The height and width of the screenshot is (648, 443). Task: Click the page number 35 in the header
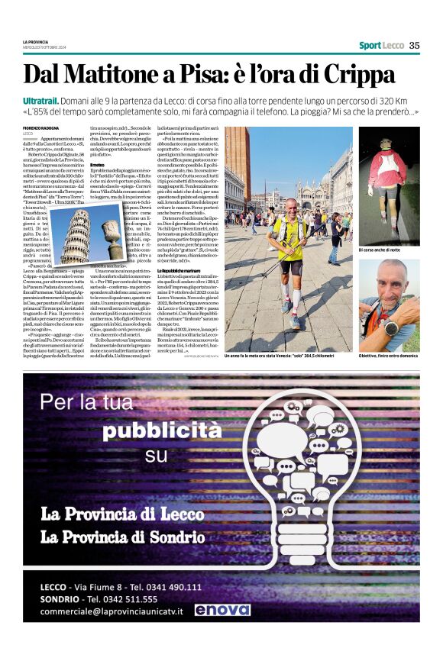[x=414, y=45]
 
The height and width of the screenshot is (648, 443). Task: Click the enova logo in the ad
[x=221, y=610]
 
